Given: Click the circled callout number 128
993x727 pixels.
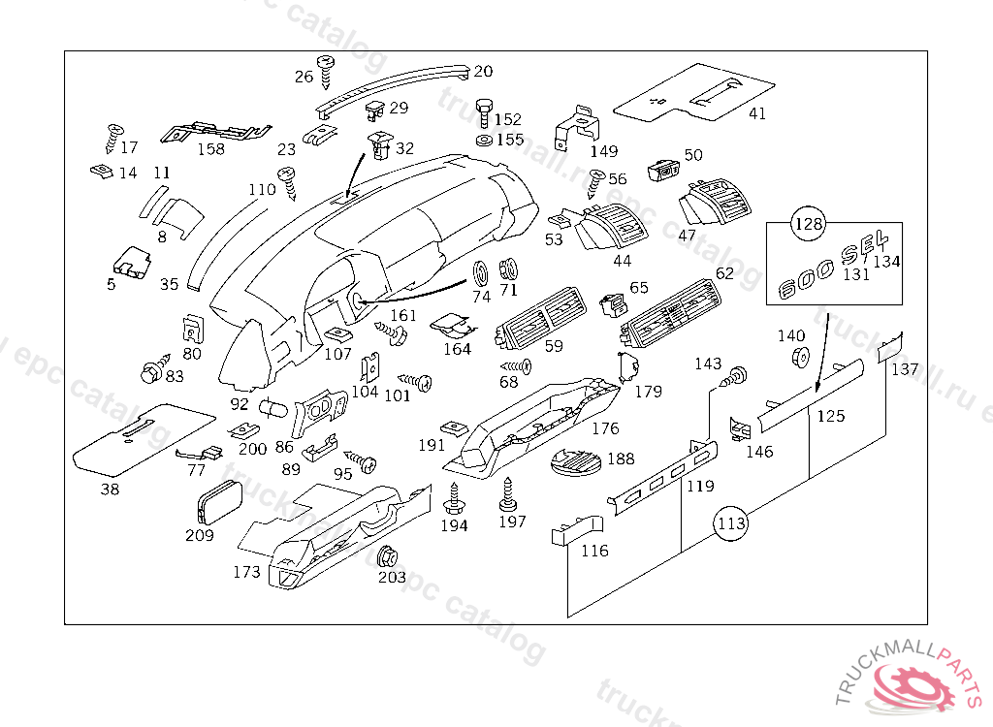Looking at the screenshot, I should tap(809, 225).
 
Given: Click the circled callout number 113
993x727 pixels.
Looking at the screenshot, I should tap(732, 524).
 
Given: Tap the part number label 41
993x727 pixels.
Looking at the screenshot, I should tap(757, 113).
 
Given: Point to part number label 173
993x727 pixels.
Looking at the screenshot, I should tap(246, 572).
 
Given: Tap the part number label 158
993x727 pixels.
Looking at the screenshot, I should tap(210, 148).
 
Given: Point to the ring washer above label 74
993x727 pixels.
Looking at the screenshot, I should tap(481, 270).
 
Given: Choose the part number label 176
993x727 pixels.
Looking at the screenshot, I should tap(605, 427).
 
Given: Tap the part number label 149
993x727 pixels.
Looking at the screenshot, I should tap(603, 151).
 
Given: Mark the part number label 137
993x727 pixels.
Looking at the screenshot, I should tap(905, 369).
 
